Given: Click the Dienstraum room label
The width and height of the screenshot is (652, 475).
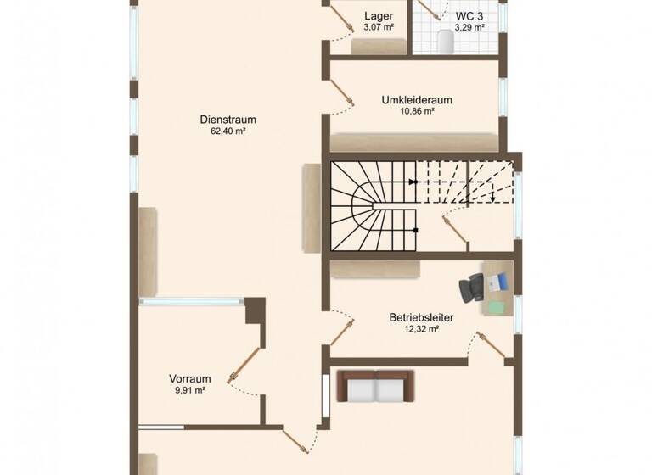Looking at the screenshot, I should [228, 120].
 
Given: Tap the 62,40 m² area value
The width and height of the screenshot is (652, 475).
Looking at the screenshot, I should [228, 131].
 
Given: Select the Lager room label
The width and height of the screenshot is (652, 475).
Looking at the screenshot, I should [378, 16].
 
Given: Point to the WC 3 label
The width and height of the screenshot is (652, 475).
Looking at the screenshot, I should [469, 16].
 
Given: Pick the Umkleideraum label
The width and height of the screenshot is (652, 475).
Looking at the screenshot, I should [417, 100].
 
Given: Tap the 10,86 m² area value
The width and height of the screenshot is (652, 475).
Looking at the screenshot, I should [417, 111].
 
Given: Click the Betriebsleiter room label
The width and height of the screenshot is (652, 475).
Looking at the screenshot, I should [421, 318].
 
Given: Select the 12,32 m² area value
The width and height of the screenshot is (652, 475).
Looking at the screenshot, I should [421, 329].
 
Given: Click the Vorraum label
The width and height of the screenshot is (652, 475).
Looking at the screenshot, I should [190, 379].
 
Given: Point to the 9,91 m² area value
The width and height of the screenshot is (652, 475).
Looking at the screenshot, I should [190, 390].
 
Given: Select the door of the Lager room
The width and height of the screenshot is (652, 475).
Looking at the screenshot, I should [341, 19].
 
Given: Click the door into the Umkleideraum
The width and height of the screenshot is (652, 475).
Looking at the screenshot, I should [343, 95].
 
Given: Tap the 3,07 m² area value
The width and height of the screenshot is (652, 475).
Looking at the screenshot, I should [378, 27].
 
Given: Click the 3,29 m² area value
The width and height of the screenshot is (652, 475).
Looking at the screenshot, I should [469, 27].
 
